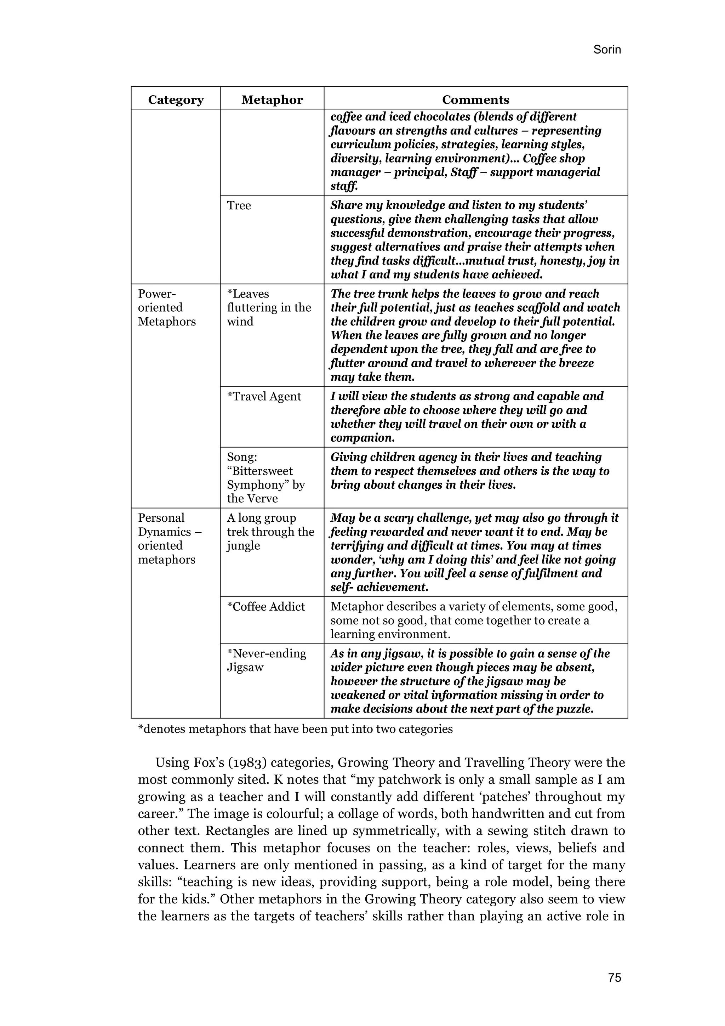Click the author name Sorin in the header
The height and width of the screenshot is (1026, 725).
point(607,49)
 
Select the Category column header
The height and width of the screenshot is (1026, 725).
point(176,100)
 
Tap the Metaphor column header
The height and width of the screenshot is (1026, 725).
point(272,100)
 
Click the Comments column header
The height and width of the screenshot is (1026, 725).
point(475,100)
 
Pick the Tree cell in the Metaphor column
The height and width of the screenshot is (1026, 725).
point(239,205)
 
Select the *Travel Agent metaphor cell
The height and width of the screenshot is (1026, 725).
point(264,396)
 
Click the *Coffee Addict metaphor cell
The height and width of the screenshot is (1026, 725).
point(266,606)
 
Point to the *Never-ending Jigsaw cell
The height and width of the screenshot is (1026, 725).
point(266,660)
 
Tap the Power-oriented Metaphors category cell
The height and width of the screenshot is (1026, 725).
point(167,307)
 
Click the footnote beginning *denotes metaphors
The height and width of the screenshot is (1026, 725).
point(295,729)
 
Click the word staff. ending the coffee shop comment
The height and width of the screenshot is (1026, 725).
point(344,186)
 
